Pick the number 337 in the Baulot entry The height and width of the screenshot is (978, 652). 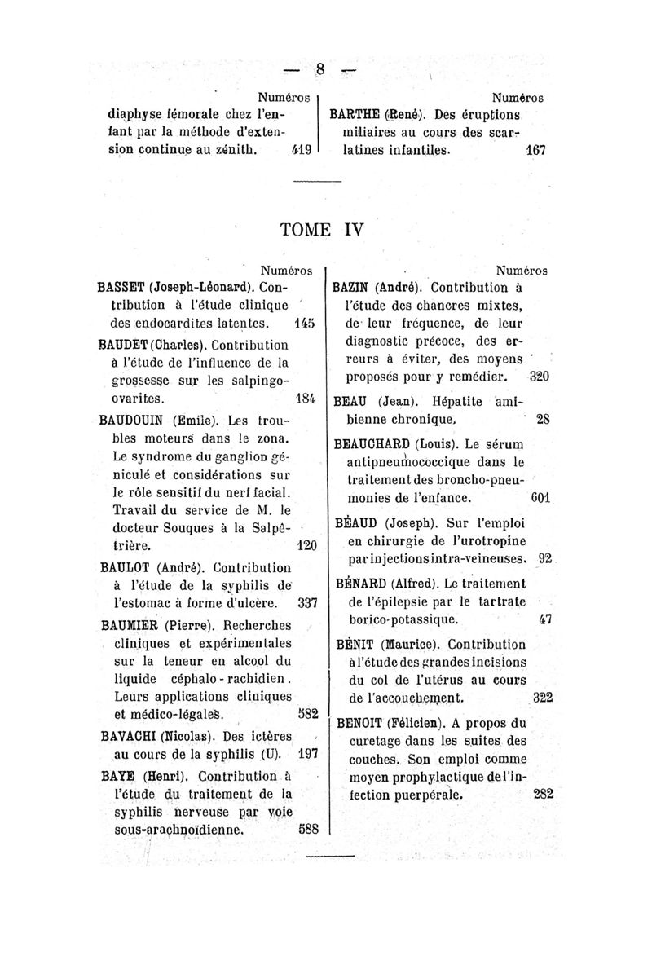click(303, 604)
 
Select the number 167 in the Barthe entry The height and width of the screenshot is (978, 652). click(535, 152)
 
